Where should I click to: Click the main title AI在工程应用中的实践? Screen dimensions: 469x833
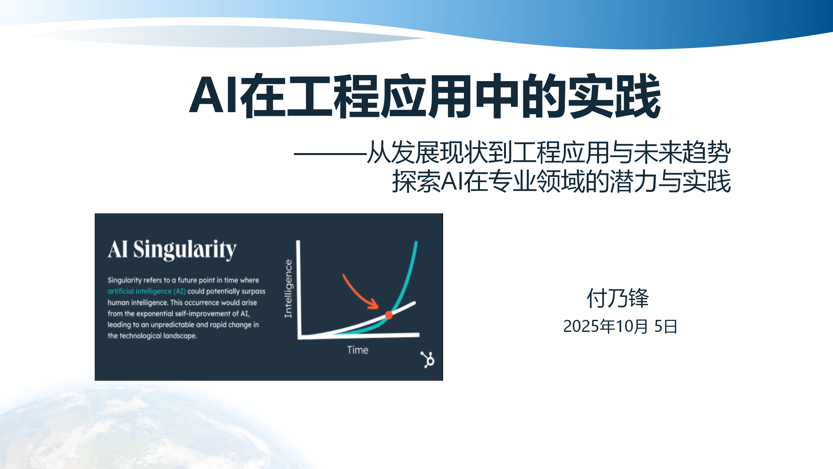[425, 96]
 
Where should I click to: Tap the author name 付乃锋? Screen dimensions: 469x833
[618, 298]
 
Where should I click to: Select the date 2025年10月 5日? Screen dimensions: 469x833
[620, 326]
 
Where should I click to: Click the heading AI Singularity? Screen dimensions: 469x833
[172, 249]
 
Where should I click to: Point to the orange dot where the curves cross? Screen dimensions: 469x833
[389, 315]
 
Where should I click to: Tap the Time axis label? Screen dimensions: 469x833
[358, 350]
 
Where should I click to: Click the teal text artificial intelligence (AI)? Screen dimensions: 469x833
[146, 291]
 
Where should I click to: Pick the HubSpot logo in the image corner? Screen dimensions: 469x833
[428, 360]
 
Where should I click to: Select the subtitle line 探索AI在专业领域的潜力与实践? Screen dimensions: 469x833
[561, 181]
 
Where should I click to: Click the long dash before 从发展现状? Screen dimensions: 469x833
[330, 153]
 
